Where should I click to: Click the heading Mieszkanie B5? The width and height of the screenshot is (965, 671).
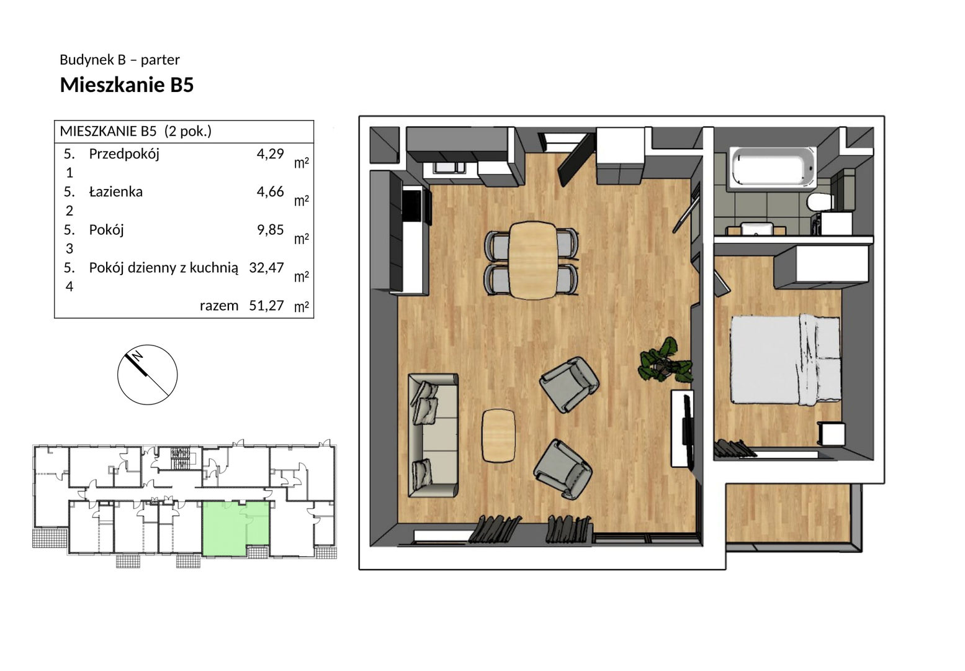[127, 85]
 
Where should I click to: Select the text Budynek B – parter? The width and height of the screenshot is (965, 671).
[120, 60]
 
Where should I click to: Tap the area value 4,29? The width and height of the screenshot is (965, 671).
[270, 153]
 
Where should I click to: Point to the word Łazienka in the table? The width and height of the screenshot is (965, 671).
[115, 191]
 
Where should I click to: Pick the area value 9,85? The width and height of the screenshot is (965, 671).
[270, 229]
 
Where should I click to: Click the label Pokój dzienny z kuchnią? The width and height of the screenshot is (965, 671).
[163, 268]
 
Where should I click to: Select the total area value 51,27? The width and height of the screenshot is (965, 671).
[266, 305]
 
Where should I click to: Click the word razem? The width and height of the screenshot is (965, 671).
[219, 306]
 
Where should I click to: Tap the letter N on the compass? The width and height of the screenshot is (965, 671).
[137, 356]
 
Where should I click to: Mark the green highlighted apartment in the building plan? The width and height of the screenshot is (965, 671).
[235, 528]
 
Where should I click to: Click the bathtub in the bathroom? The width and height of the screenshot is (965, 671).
[773, 168]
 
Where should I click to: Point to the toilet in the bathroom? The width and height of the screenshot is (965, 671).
[820, 202]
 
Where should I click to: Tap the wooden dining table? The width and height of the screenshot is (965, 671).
[532, 260]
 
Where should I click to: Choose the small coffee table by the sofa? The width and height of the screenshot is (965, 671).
[498, 435]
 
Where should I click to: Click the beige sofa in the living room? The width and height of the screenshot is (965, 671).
[433, 435]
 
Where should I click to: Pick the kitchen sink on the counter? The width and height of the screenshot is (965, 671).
[449, 167]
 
